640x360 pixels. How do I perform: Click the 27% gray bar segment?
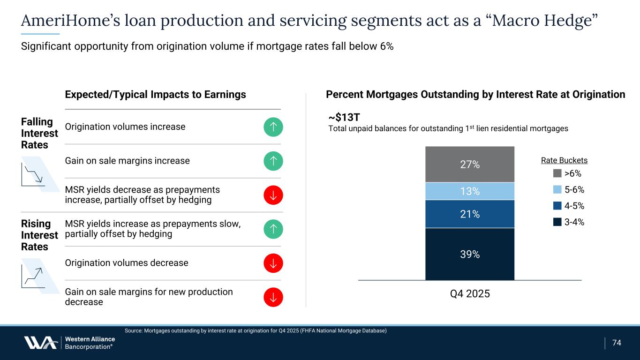[470, 164]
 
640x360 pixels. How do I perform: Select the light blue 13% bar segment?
[470, 191]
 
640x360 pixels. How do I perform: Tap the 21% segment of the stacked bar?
[470, 214]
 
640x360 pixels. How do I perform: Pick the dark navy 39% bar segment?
[470, 254]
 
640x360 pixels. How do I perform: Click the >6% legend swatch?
[557, 173]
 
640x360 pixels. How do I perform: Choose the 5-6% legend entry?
[569, 189]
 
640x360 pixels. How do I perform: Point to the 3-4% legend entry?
[569, 222]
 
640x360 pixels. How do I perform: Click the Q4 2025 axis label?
[470, 294]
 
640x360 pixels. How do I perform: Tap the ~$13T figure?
[344, 117]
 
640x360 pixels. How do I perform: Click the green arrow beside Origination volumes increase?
[273, 127]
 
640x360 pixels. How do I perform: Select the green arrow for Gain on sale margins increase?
[273, 161]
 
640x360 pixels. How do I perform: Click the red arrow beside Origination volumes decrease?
[273, 263]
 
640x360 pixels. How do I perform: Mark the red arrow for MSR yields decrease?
[273, 195]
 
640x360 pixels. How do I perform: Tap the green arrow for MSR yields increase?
[273, 229]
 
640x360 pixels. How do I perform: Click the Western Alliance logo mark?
[41, 342]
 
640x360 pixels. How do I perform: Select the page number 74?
[617, 343]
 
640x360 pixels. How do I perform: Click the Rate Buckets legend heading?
[565, 160]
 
